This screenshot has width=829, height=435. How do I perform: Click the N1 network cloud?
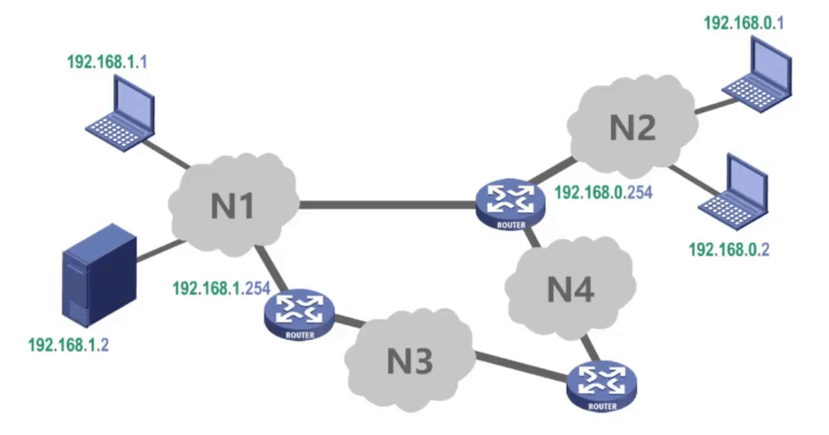234,204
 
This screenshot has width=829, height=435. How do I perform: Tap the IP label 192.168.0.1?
744,23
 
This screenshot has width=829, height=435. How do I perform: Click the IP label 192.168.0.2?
729,249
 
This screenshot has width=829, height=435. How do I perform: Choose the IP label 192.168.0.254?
603,193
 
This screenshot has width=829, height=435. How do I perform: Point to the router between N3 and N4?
602,385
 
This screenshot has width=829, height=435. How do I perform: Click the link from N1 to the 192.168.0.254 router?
387,205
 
